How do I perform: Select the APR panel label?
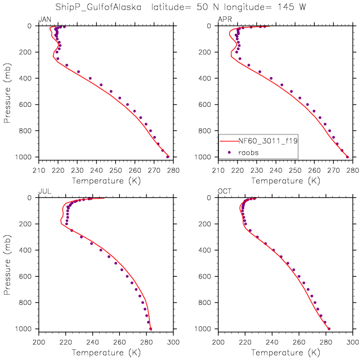pos(224,20)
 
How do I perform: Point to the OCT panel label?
pos(224,192)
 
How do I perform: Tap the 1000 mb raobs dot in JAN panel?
pos(168,156)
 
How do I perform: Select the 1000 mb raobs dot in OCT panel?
pos(329,328)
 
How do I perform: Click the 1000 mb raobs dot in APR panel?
pos(347,157)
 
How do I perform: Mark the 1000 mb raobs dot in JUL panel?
pos(150,328)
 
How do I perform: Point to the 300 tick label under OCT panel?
pos(352,341)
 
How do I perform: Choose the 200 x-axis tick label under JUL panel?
pos(38,341)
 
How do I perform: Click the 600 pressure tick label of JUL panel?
pos(27,277)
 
